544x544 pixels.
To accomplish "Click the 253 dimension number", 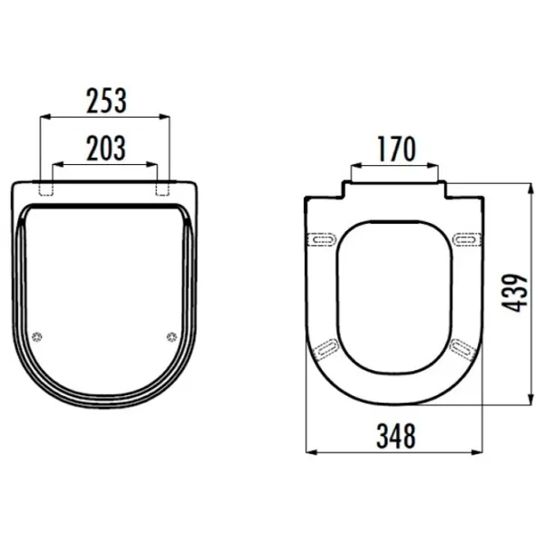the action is [x=106, y=101].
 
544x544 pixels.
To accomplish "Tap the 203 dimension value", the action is [x=106, y=148].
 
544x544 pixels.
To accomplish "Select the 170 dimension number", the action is [x=396, y=149].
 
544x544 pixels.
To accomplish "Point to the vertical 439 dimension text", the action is [x=514, y=293].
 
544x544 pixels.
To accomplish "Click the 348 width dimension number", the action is [x=396, y=436].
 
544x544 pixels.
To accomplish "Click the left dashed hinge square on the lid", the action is [x=46, y=189].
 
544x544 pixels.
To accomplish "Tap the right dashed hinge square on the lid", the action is [x=162, y=189].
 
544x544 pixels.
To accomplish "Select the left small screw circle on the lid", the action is [x=37, y=336].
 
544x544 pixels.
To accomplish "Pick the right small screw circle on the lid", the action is [x=171, y=336].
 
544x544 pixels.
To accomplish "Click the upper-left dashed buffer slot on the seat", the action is [x=322, y=239].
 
